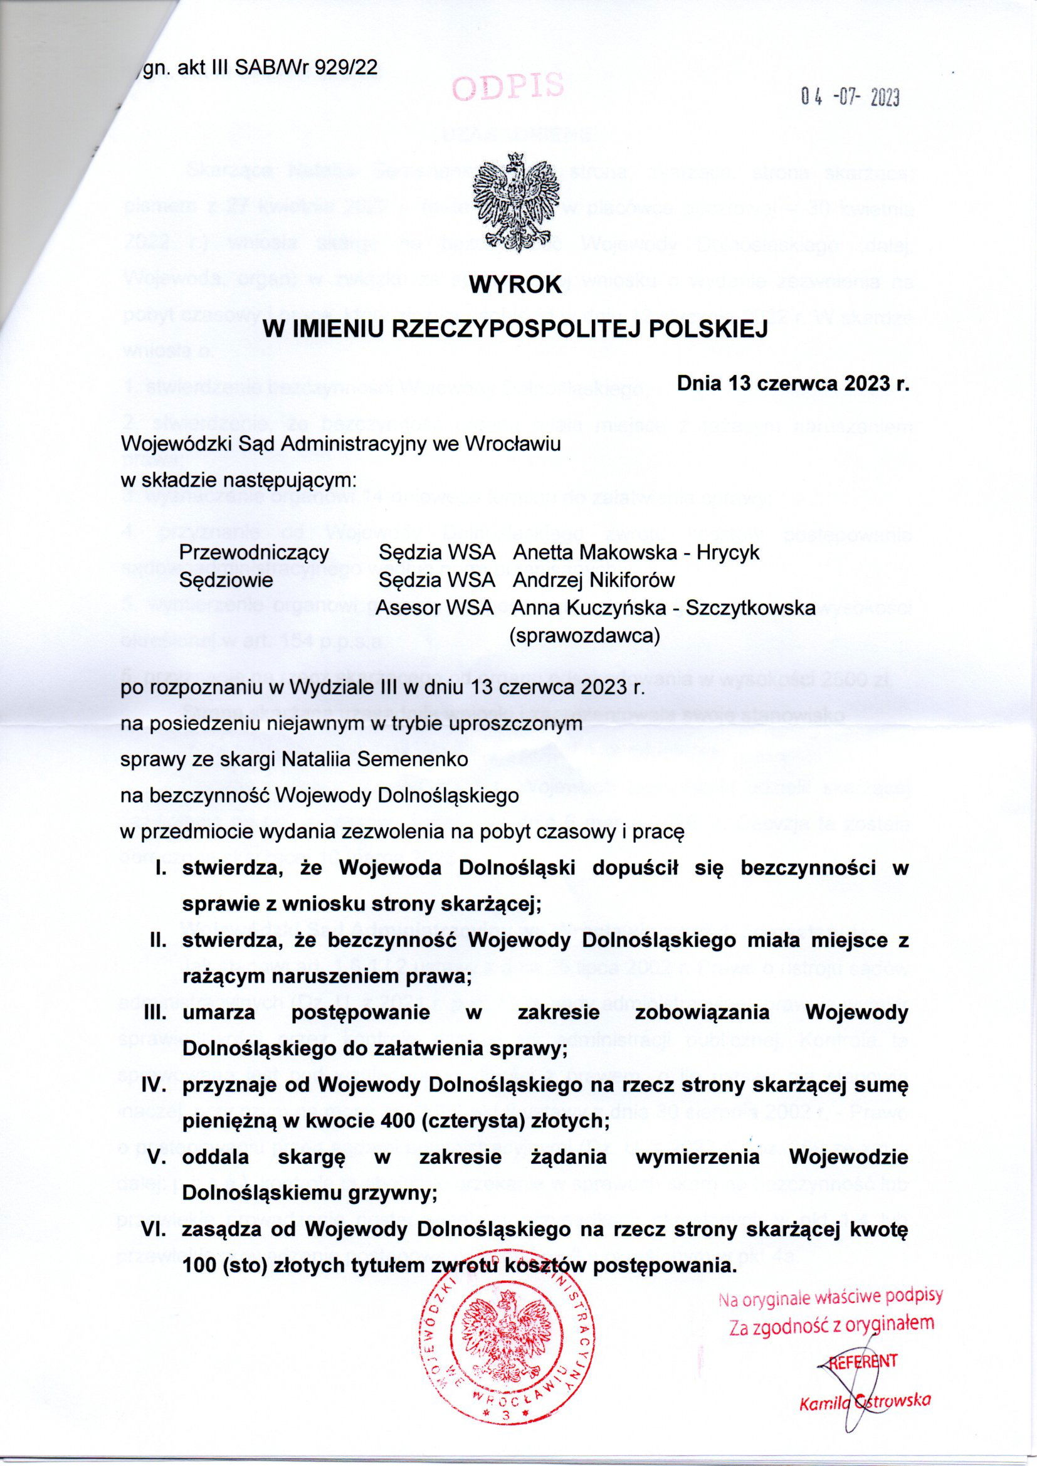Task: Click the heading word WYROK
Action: pyautogui.click(x=516, y=285)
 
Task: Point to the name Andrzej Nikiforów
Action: pyautogui.click(x=593, y=580)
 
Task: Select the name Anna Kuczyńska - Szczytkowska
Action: pyautogui.click(x=664, y=608)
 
